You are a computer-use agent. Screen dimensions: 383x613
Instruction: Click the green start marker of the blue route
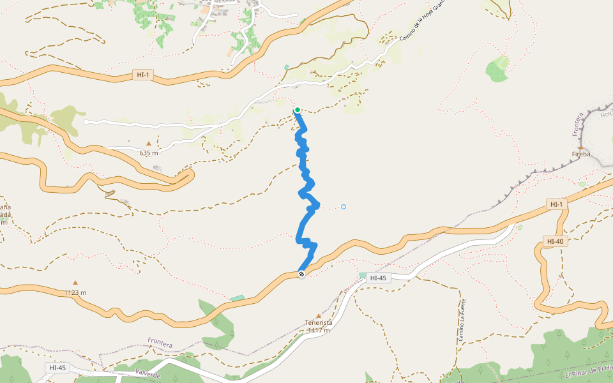[x=298, y=110]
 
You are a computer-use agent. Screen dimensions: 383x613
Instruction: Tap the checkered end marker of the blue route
[x=301, y=274]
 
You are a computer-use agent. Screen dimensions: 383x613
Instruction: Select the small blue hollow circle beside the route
[x=344, y=207]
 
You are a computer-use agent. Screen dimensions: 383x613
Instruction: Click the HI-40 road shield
[x=554, y=241]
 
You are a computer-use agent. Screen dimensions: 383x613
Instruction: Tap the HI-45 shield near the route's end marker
[x=378, y=278]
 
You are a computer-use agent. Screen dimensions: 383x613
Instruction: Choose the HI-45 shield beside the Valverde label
[x=57, y=368]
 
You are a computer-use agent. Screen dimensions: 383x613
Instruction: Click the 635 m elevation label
[x=148, y=153]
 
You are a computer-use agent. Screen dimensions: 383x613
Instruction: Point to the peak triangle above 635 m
[x=149, y=144]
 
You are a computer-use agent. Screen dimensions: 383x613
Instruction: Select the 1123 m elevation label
[x=75, y=292]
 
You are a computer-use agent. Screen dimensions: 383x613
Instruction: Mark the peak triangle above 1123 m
[x=75, y=282]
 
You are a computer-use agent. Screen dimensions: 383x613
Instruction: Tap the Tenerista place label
[x=319, y=322]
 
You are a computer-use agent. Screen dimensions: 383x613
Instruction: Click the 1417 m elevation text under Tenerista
[x=319, y=330]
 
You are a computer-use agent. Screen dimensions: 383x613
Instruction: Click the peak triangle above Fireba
[x=580, y=147]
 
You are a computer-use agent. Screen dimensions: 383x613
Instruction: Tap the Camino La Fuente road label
[x=462, y=319]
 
